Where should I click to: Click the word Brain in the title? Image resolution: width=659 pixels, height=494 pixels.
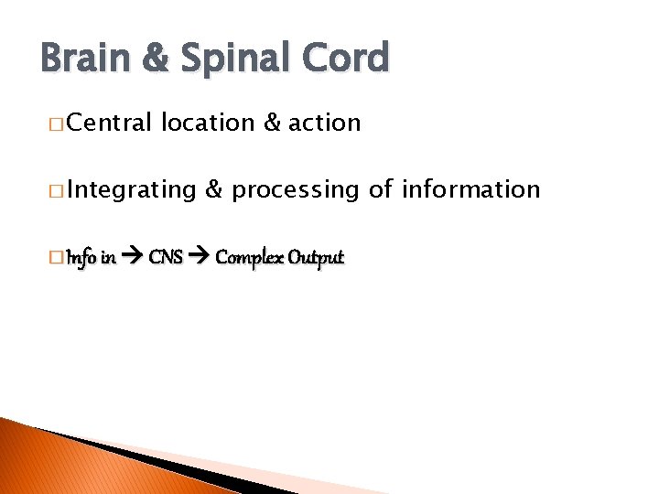pos(85,58)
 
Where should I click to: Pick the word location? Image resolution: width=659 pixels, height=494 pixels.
pos(207,123)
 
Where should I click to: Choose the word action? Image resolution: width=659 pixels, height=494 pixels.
pos(324,123)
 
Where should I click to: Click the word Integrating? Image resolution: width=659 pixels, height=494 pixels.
pos(131,190)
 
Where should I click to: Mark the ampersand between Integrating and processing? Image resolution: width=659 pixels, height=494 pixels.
pos(213,189)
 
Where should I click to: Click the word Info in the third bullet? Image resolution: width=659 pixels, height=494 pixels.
pos(80,257)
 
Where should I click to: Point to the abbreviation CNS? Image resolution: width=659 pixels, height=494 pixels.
pos(166,257)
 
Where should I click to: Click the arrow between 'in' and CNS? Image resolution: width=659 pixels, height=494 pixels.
pos(132,258)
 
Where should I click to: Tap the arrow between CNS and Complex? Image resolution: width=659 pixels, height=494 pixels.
pos(200,258)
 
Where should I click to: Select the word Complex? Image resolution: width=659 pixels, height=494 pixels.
pos(248,258)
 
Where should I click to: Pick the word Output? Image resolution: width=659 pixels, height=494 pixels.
pos(316,258)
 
